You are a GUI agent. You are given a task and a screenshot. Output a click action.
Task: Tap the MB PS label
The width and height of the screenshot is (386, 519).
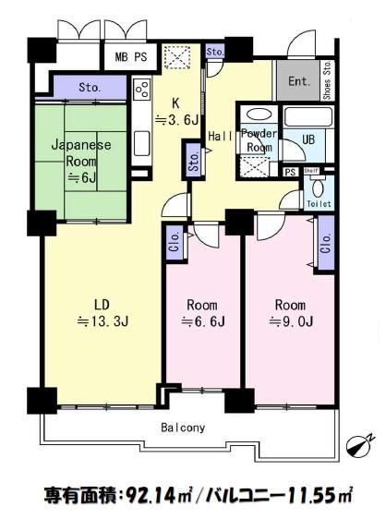tap(131, 57)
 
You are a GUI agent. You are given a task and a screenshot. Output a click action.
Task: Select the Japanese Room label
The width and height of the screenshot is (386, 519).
tap(81, 153)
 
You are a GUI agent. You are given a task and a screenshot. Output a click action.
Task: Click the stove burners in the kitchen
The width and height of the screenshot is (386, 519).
tap(142, 89)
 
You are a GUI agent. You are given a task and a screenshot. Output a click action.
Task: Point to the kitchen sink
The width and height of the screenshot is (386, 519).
tap(141, 142)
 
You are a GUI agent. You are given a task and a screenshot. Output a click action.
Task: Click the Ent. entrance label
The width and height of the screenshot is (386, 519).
tap(299, 81)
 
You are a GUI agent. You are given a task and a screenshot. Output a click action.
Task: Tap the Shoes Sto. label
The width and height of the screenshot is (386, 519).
tap(328, 79)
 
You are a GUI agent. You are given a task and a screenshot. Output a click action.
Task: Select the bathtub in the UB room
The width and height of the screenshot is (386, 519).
tap(308, 116)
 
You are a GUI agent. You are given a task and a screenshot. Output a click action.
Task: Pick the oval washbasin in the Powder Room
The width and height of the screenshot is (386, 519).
tap(259, 115)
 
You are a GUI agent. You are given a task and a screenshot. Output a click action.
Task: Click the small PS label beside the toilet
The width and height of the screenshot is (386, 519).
tap(290, 172)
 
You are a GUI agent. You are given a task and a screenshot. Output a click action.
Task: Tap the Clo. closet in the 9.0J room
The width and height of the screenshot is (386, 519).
tap(326, 243)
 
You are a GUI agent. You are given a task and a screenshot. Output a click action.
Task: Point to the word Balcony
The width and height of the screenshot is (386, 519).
tap(183, 428)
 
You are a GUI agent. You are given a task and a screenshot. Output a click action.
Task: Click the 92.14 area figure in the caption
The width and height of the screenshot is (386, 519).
tap(156, 496)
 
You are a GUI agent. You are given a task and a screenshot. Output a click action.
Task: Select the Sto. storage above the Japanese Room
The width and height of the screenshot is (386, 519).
tap(90, 88)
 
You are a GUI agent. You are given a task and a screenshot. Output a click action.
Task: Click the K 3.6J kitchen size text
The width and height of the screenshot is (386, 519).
tap(177, 112)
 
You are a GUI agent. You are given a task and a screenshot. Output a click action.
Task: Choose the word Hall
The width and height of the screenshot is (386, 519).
tap(220, 136)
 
